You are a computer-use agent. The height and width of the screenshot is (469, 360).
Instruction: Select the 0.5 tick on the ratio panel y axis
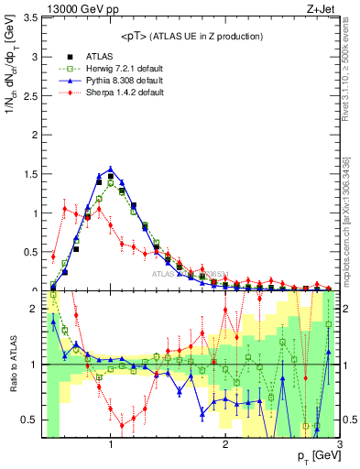click(29, 420)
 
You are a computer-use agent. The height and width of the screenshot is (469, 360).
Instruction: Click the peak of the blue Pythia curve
click(110, 169)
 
